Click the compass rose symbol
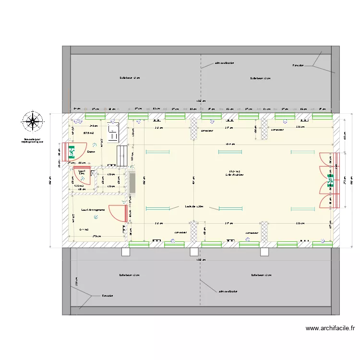[x=33, y=121]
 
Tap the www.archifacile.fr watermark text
[x=330, y=329]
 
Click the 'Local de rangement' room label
[x=93, y=209]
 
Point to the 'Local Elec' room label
[x=82, y=172]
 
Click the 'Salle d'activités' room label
[x=234, y=173]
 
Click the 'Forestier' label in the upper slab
[x=298, y=65]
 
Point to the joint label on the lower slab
[x=228, y=291]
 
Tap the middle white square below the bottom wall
[x=194, y=252]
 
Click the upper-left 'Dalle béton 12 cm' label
[x=130, y=78]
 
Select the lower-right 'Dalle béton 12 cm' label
[x=261, y=276]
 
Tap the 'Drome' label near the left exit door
[x=91, y=152]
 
